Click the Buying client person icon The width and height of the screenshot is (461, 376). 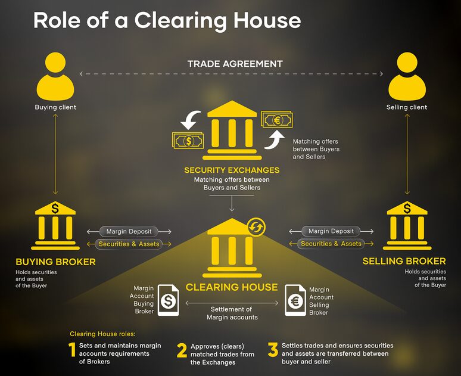pos(55,77)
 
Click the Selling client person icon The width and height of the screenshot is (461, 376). pos(407,77)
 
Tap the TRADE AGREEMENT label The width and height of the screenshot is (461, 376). pos(235,64)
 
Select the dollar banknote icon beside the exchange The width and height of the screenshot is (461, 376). pos(189,141)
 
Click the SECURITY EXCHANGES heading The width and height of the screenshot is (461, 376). pos(232,170)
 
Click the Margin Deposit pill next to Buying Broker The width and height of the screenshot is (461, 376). pos(129,231)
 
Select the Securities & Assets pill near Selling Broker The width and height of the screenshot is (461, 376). pos(331,244)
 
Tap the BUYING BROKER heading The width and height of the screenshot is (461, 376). pos(55,262)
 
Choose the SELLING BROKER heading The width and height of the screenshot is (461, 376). pos(404,262)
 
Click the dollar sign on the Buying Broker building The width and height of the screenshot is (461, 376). pos(55,209)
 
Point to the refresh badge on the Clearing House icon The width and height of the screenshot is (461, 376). pos(257,226)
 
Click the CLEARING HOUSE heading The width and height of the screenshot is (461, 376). pos(232,287)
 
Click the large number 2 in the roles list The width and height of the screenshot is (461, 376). pos(182,350)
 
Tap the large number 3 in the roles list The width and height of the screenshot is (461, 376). pos(273,350)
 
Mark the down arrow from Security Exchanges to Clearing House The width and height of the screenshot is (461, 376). pos(232,204)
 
